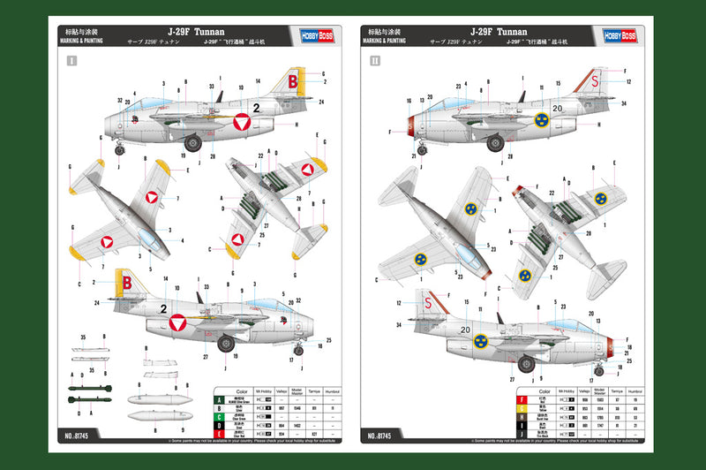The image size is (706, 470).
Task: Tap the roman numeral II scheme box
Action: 375,62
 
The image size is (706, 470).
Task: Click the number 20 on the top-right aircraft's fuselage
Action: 556,109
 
